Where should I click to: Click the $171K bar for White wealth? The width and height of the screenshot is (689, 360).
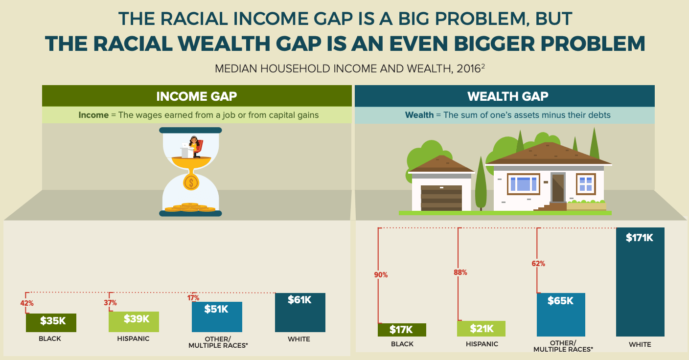[x=640, y=282]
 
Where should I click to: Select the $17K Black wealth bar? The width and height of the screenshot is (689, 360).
[x=402, y=330]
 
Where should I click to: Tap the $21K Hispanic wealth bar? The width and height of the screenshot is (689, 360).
[x=481, y=329]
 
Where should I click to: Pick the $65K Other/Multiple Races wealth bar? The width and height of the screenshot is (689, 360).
[x=561, y=315]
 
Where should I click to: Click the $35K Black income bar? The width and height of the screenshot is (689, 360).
[x=51, y=322]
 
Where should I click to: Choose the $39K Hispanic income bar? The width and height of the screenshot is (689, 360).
[x=134, y=321]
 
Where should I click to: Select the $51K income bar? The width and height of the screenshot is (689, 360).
[x=217, y=316]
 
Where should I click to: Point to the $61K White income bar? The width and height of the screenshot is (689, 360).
[x=300, y=313]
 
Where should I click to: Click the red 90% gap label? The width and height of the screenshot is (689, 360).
[x=381, y=275]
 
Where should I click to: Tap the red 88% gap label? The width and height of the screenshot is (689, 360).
[x=460, y=272]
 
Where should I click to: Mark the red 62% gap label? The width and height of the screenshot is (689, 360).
[x=538, y=264]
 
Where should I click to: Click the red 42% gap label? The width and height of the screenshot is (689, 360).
[x=27, y=303]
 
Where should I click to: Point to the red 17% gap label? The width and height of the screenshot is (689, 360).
[x=193, y=297]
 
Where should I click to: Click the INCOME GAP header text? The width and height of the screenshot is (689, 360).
[x=197, y=96]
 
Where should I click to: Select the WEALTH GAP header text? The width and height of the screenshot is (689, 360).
[x=508, y=96]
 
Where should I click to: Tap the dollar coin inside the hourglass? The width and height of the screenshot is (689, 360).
[x=191, y=182]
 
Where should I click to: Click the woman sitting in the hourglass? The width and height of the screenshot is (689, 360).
[x=194, y=147]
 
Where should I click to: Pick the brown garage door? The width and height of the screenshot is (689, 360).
[x=441, y=198]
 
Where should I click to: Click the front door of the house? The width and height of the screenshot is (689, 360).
[x=558, y=188]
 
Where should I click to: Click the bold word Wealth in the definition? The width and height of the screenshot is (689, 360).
[x=419, y=115]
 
